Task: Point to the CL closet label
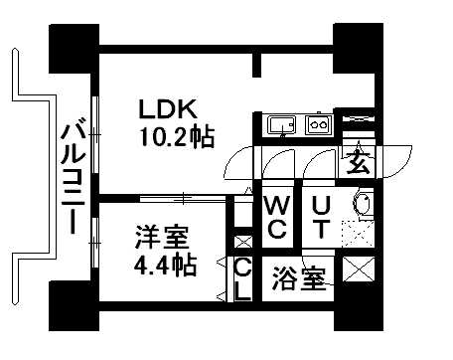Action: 241,279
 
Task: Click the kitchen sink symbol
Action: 282,127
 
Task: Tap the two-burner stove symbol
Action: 318,127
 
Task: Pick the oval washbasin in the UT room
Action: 363,206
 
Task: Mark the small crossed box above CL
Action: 240,242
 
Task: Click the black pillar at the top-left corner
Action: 73,45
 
